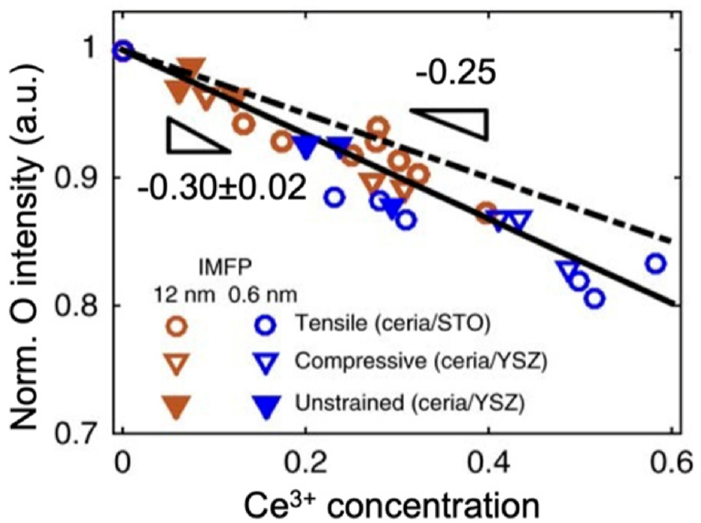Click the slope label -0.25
[456, 73]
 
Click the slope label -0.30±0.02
[221, 188]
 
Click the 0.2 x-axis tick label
[308, 466]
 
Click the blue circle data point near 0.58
[656, 263]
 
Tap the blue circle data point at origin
[123, 51]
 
